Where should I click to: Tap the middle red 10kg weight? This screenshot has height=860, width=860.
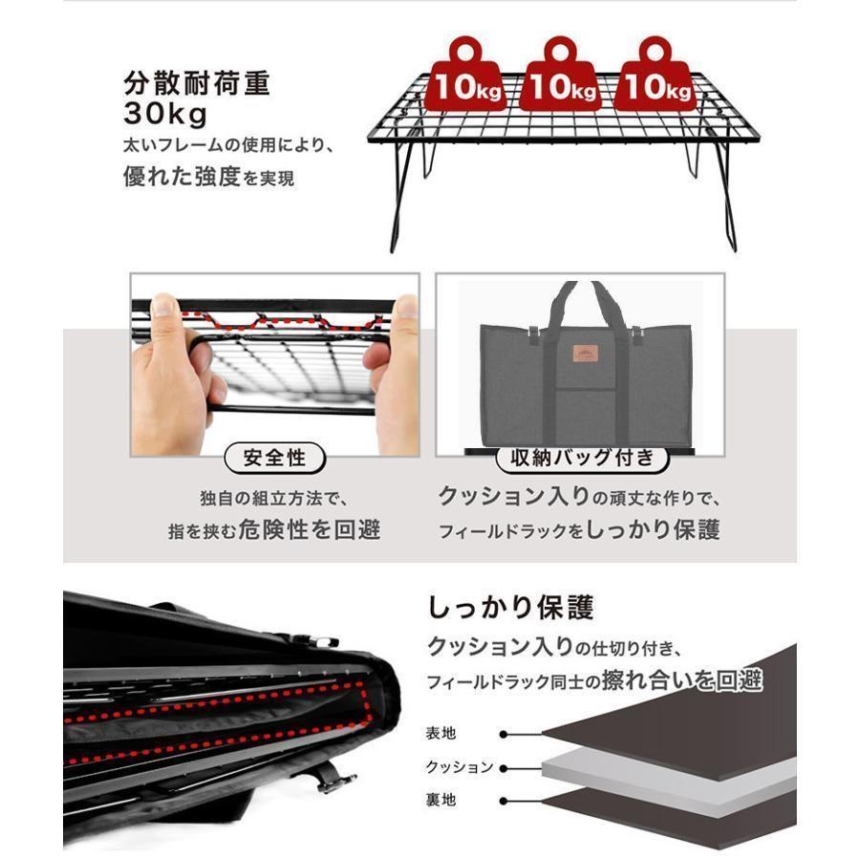coord(563,78)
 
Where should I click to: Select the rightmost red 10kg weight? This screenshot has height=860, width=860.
coord(655,78)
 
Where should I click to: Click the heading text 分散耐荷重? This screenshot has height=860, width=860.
coord(198,83)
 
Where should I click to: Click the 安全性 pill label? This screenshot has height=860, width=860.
coord(274,459)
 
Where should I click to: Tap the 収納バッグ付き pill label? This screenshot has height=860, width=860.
coord(580,458)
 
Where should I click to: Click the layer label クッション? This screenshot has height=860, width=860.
coord(459,767)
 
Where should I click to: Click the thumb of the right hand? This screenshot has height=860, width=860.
coord(405,310)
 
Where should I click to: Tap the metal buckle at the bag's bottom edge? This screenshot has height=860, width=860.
coord(331,781)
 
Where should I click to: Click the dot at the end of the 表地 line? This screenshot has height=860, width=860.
coord(502,735)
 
